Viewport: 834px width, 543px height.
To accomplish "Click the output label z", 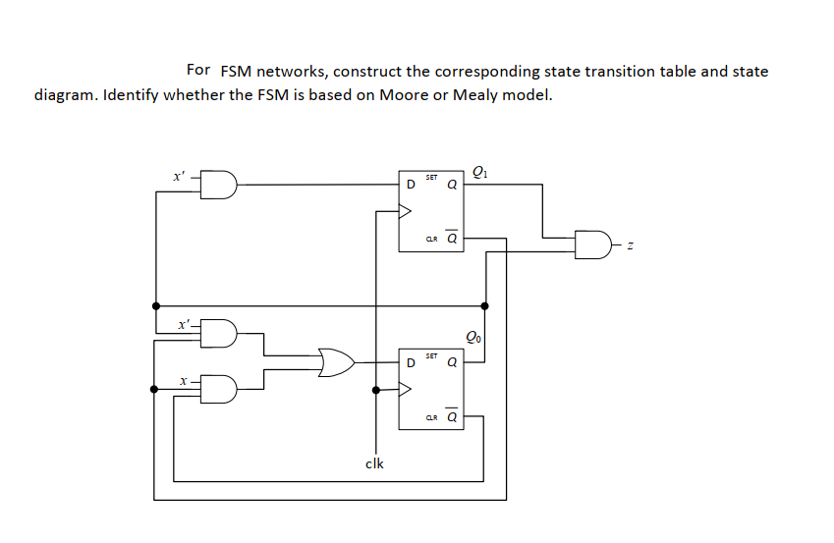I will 633,244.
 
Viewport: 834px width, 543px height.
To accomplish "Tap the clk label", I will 374,463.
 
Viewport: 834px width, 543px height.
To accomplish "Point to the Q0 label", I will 473,339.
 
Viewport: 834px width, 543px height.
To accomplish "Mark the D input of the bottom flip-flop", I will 411,362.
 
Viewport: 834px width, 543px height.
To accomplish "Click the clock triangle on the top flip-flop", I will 405,208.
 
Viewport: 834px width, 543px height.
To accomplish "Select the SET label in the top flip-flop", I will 432,177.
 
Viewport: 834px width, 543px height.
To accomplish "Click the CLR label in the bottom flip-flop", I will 431,418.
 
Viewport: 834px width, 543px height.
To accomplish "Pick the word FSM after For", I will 237,71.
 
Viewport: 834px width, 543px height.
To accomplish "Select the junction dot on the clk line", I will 375,389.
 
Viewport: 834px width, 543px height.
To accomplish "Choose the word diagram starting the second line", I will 65,95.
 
